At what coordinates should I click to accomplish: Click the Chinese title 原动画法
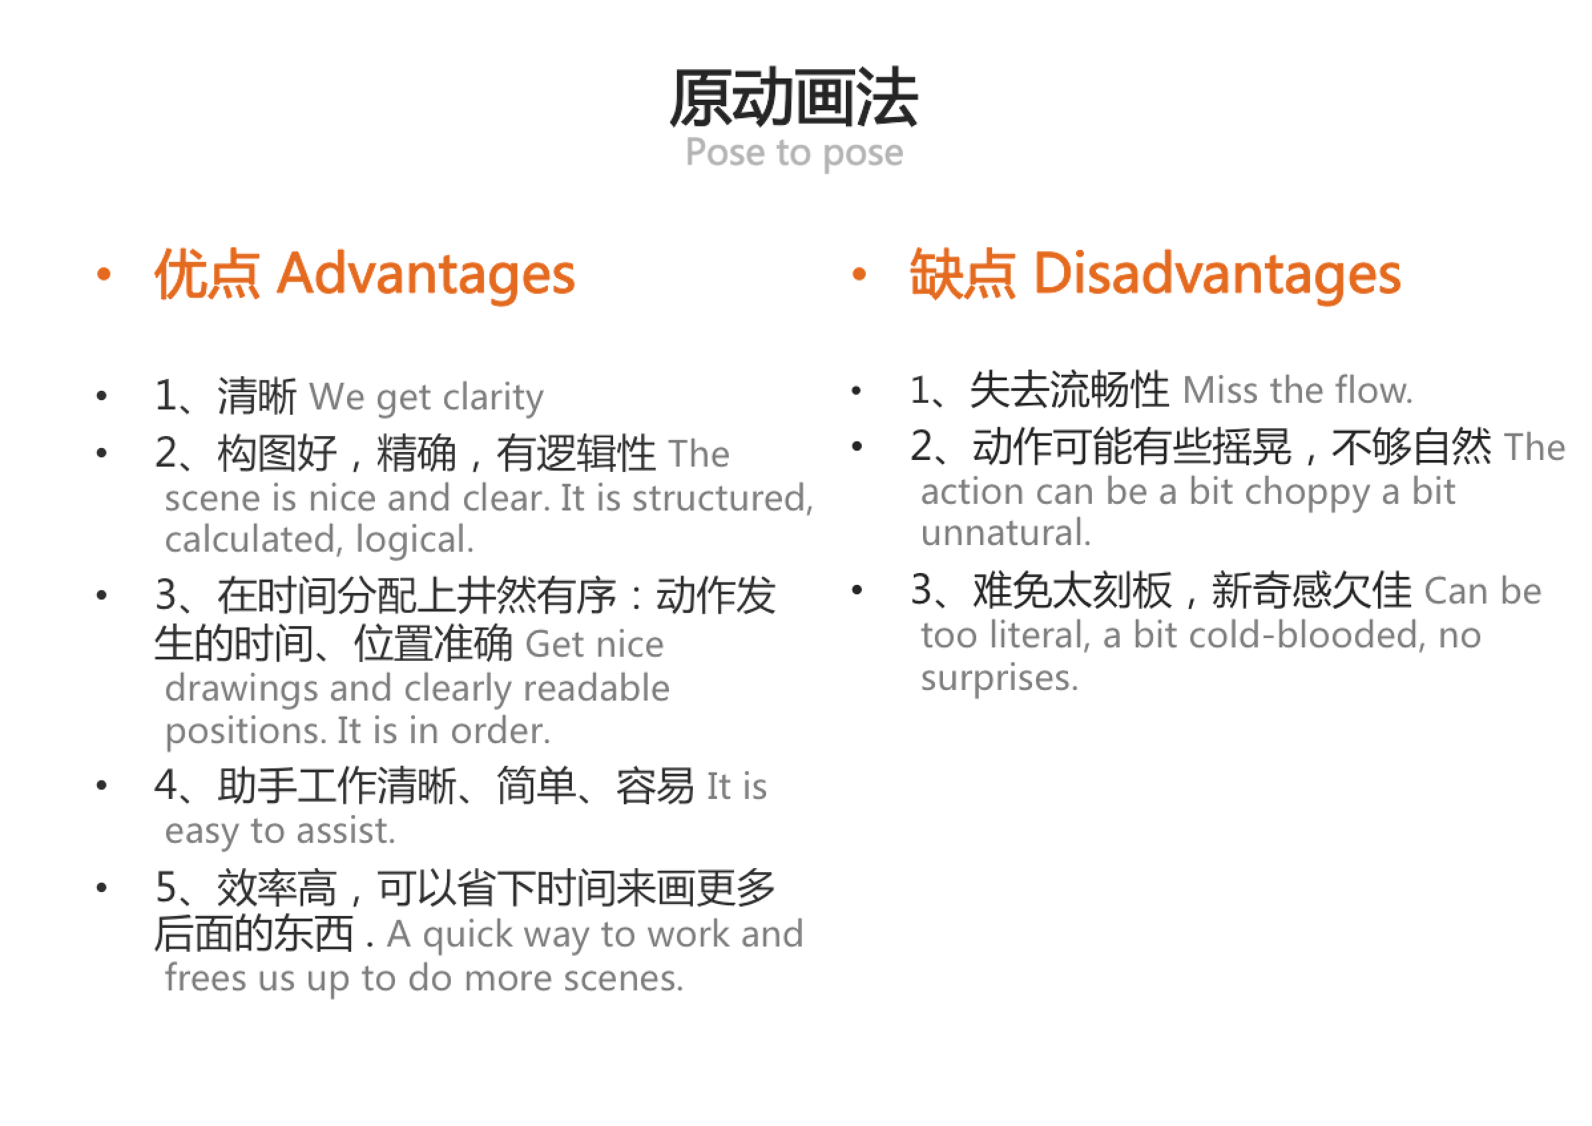[793, 98]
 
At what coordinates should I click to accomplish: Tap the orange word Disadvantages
[1217, 275]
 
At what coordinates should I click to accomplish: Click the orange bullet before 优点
[104, 275]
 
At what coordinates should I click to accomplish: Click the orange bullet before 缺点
[859, 275]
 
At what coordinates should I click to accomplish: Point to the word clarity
[493, 398]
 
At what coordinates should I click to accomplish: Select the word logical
[414, 540]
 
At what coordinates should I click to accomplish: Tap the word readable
[596, 689]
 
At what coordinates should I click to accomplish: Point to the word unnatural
[1005, 534]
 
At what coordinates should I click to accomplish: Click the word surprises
[999, 678]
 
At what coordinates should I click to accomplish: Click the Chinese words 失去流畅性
[1069, 391]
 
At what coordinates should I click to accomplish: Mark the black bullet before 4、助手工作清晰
[102, 786]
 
